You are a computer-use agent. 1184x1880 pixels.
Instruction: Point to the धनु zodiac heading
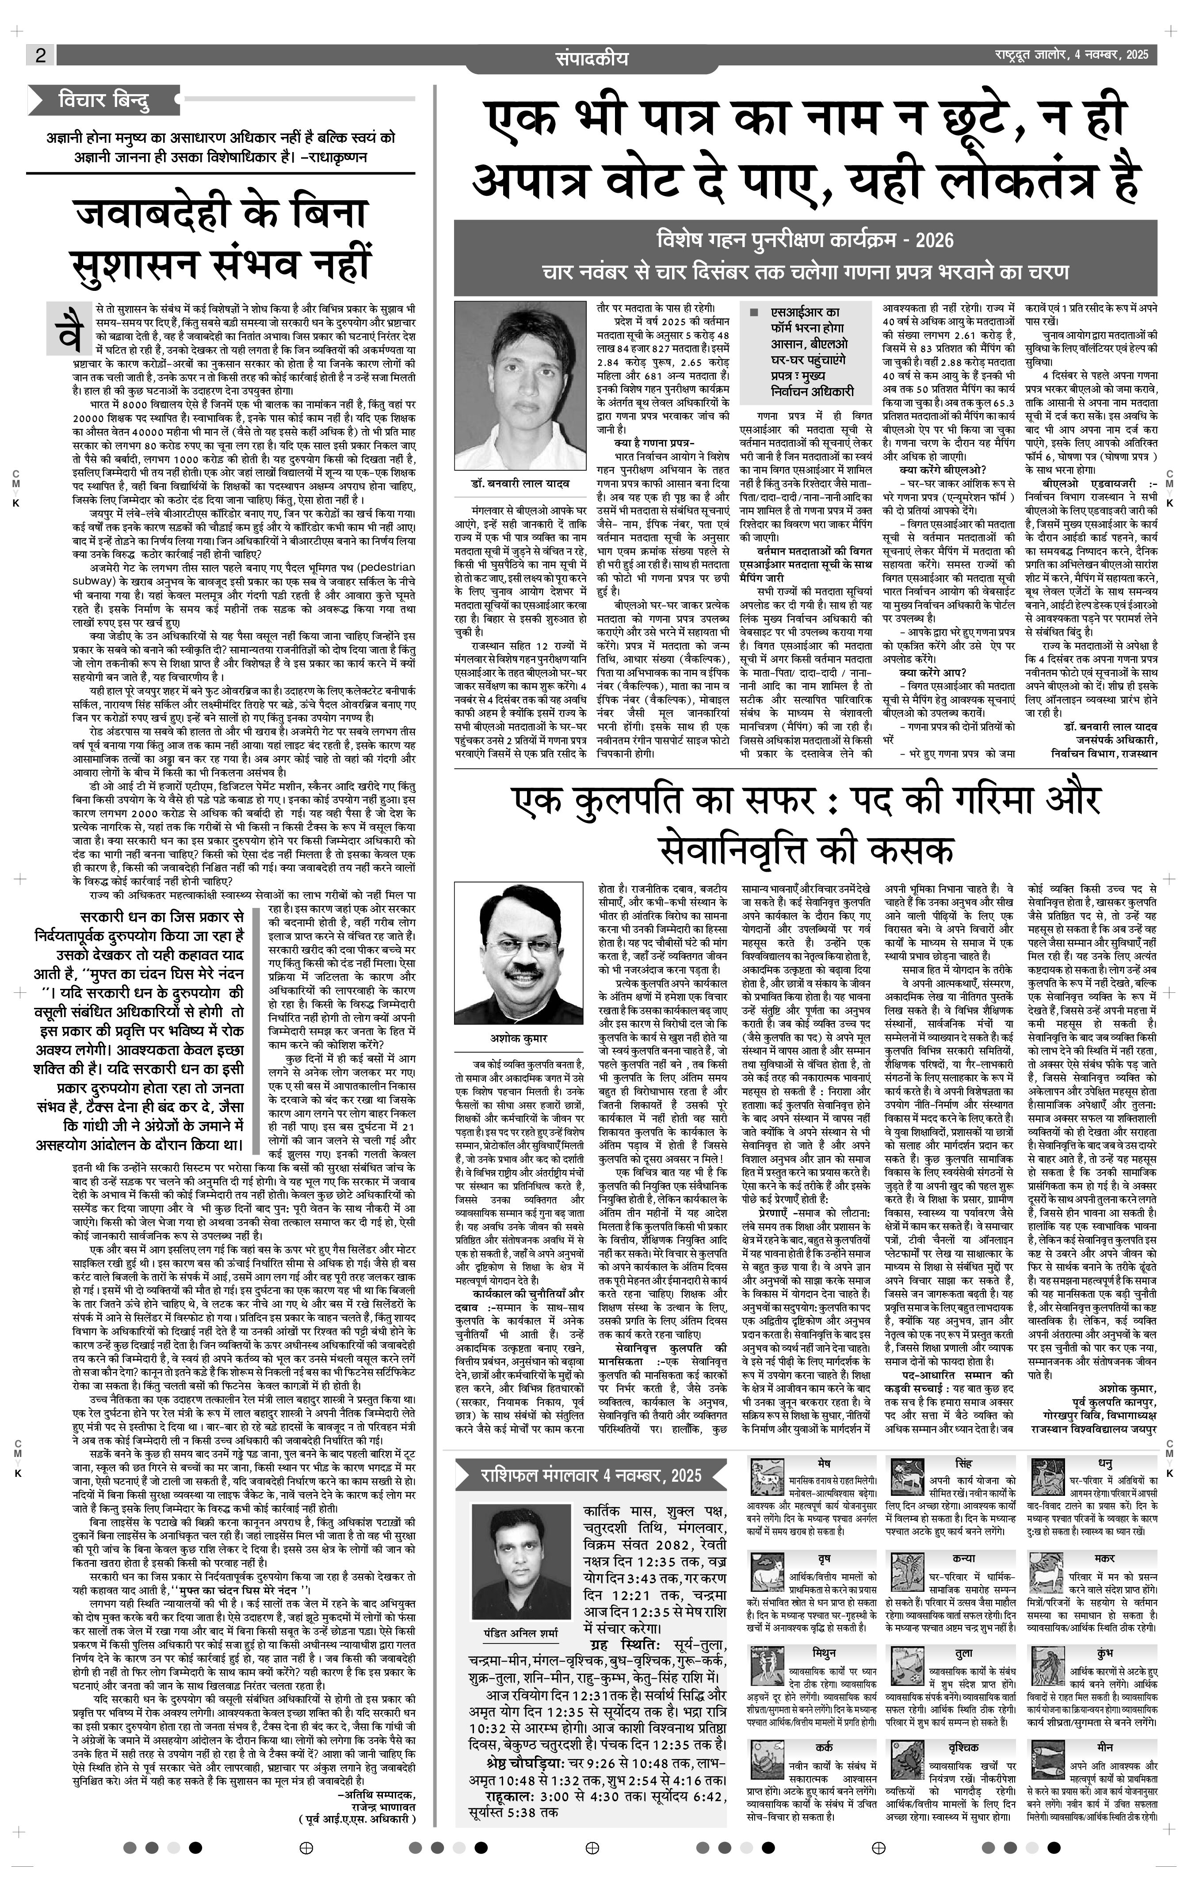point(1105,1462)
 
